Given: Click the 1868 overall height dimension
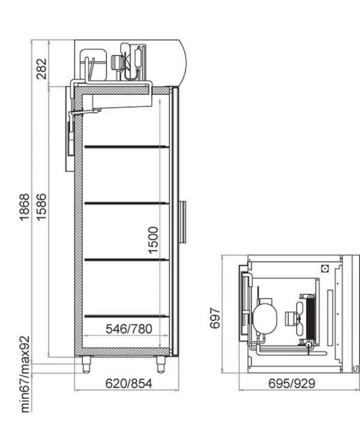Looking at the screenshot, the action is point(25,207).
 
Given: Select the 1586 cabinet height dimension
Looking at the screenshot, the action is point(41,207).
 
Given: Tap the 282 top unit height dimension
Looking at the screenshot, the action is point(41,69).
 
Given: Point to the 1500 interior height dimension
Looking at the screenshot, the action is point(153,240).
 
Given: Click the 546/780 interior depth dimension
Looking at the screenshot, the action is point(129,329).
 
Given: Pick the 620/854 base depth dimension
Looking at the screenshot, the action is point(129,384).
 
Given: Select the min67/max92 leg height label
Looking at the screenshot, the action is point(25,374).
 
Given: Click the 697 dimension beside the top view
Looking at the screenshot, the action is point(215,318).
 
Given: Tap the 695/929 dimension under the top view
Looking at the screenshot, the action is point(292,383).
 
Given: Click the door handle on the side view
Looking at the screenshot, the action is point(183,222).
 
